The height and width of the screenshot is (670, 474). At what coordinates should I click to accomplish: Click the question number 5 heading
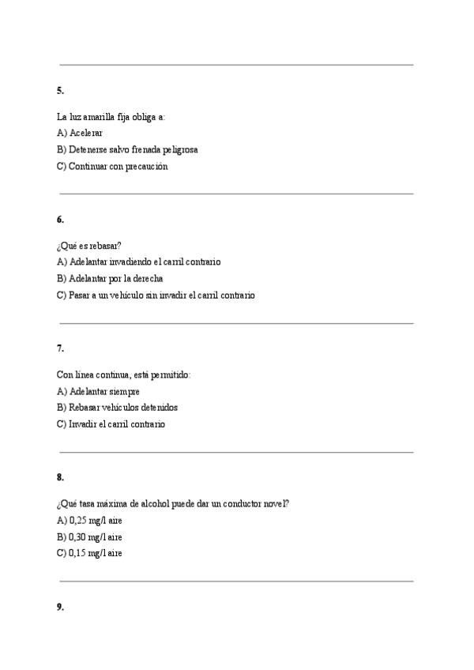pyautogui.click(x=61, y=91)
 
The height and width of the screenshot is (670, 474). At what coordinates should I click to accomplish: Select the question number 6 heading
pyautogui.click(x=61, y=220)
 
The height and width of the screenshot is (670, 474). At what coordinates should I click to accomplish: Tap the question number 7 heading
pyautogui.click(x=61, y=348)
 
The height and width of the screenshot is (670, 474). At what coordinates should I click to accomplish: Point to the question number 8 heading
pyautogui.click(x=61, y=477)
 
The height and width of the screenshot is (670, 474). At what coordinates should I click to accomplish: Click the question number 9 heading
pyautogui.click(x=61, y=607)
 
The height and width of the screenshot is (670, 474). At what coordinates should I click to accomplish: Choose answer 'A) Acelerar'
pyautogui.click(x=80, y=133)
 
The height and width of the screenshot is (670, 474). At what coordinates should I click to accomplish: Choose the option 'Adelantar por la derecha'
pyautogui.click(x=110, y=278)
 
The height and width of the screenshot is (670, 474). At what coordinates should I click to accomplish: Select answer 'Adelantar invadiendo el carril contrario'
pyautogui.click(x=139, y=262)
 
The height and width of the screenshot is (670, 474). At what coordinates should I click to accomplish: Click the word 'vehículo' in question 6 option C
pyautogui.click(x=126, y=295)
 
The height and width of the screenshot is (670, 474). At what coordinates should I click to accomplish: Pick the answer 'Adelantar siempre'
pyautogui.click(x=99, y=391)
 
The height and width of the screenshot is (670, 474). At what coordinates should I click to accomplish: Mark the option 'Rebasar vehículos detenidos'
pyautogui.click(x=118, y=408)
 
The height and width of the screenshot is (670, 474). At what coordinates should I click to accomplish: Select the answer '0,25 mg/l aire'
pyautogui.click(x=89, y=520)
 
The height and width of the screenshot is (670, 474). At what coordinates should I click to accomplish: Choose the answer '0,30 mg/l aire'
pyautogui.click(x=89, y=537)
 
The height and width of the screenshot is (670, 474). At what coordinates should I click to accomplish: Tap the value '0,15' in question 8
pyautogui.click(x=77, y=554)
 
